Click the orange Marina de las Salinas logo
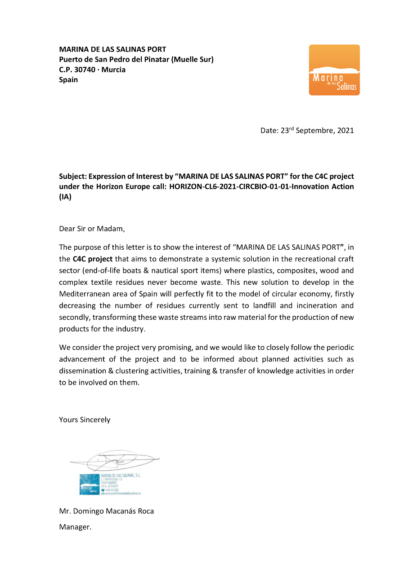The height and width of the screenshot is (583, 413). coord(334,70)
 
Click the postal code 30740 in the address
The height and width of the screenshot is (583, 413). coord(86,70)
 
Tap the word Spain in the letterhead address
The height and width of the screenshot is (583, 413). coord(68,80)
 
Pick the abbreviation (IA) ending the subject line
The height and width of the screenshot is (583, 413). coord(65,197)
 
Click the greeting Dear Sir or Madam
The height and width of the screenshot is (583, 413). coord(92,229)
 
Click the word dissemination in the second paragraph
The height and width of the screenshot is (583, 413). coord(82,371)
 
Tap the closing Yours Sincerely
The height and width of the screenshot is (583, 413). coord(85,420)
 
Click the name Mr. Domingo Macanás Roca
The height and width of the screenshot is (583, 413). coord(106,511)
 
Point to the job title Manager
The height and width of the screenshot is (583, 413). coord(75,527)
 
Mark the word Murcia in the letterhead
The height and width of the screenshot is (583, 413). coord(113,70)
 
